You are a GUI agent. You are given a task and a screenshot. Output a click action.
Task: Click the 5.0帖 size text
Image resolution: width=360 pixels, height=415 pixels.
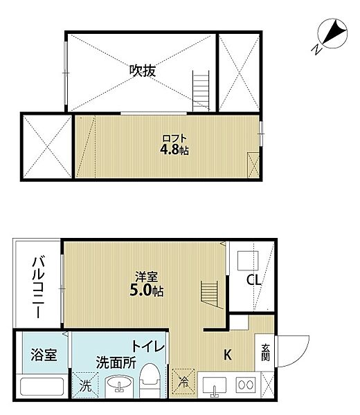146,291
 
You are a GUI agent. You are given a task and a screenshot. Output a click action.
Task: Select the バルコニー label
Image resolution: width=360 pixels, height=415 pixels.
36,287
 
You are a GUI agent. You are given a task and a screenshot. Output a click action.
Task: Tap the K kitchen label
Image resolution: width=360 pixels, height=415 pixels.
227,356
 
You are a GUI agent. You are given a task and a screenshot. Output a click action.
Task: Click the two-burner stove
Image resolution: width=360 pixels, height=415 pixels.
244,384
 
